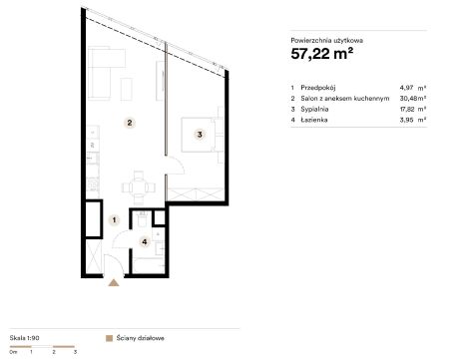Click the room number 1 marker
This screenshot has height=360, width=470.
[114, 219]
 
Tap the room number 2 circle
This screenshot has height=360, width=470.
[130, 123]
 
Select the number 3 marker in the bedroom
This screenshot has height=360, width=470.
[200, 135]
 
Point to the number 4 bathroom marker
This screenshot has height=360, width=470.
[145, 241]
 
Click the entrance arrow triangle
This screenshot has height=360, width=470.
[114, 282]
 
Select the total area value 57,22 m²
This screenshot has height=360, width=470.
[321, 54]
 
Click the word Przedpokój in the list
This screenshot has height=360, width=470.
[318, 88]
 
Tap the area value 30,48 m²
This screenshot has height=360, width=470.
[413, 99]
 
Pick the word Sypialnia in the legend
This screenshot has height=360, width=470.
[314, 110]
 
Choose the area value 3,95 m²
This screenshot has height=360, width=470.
[413, 120]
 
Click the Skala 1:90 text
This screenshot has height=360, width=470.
[24, 338]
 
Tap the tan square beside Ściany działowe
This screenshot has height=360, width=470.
[109, 338]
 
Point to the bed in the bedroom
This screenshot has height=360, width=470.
[199, 135]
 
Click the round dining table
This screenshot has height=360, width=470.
[139, 187]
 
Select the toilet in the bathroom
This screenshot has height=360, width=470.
[143, 219]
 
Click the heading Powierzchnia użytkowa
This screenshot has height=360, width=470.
[326, 41]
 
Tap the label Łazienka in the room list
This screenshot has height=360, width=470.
[314, 120]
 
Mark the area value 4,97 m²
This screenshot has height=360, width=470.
[413, 88]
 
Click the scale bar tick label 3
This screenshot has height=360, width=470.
[75, 352]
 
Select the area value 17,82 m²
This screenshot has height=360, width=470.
[413, 110]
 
